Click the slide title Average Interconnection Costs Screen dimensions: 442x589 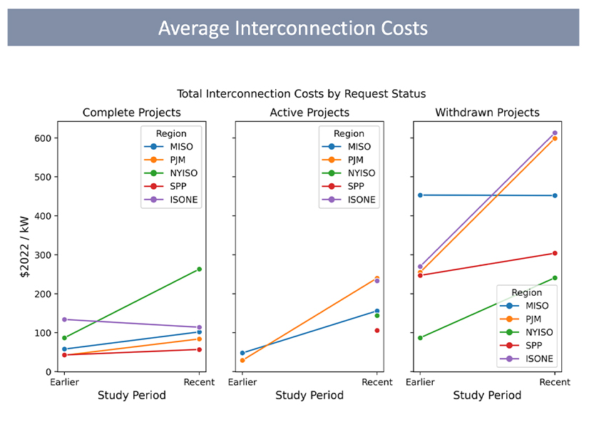coord(293,28)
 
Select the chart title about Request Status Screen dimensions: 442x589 coord(301,93)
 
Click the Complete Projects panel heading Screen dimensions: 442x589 coord(131,113)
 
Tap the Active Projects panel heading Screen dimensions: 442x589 coord(309,113)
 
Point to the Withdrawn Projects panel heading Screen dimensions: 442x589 coord(487,113)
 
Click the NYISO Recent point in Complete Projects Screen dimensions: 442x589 coord(199,269)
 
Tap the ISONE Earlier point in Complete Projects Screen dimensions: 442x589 coord(64,319)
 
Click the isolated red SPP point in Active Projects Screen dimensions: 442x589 coord(377,331)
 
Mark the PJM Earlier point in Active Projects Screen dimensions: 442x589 coord(242,361)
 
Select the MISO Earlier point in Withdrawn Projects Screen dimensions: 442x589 coord(420,195)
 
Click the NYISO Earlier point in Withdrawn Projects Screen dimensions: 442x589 coord(420,338)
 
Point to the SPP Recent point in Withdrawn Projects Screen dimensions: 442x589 coord(555,253)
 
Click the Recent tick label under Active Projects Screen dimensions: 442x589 coord(377,382)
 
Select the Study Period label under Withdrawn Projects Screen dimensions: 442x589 coord(487,396)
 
